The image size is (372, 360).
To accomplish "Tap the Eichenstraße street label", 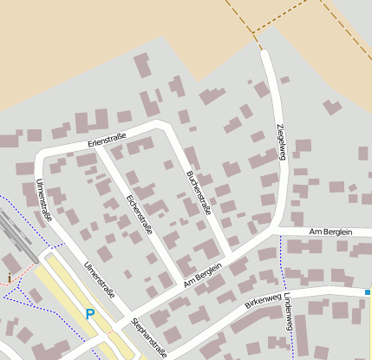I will tap(139, 214).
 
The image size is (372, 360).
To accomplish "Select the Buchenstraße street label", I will tap(198, 191).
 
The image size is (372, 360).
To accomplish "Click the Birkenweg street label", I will tap(263, 302).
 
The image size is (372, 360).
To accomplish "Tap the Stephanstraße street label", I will tap(148, 337).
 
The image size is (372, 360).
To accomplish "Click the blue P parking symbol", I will tap(89, 314).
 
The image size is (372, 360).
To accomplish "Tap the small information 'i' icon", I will tap(9, 278).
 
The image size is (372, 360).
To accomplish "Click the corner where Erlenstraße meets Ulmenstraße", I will tap(40, 157).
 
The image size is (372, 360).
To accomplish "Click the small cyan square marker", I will tap(368, 292).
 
